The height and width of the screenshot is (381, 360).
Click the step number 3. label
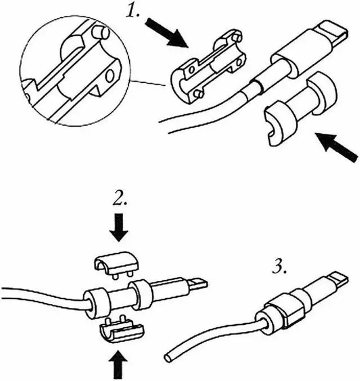[x=280, y=267]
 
